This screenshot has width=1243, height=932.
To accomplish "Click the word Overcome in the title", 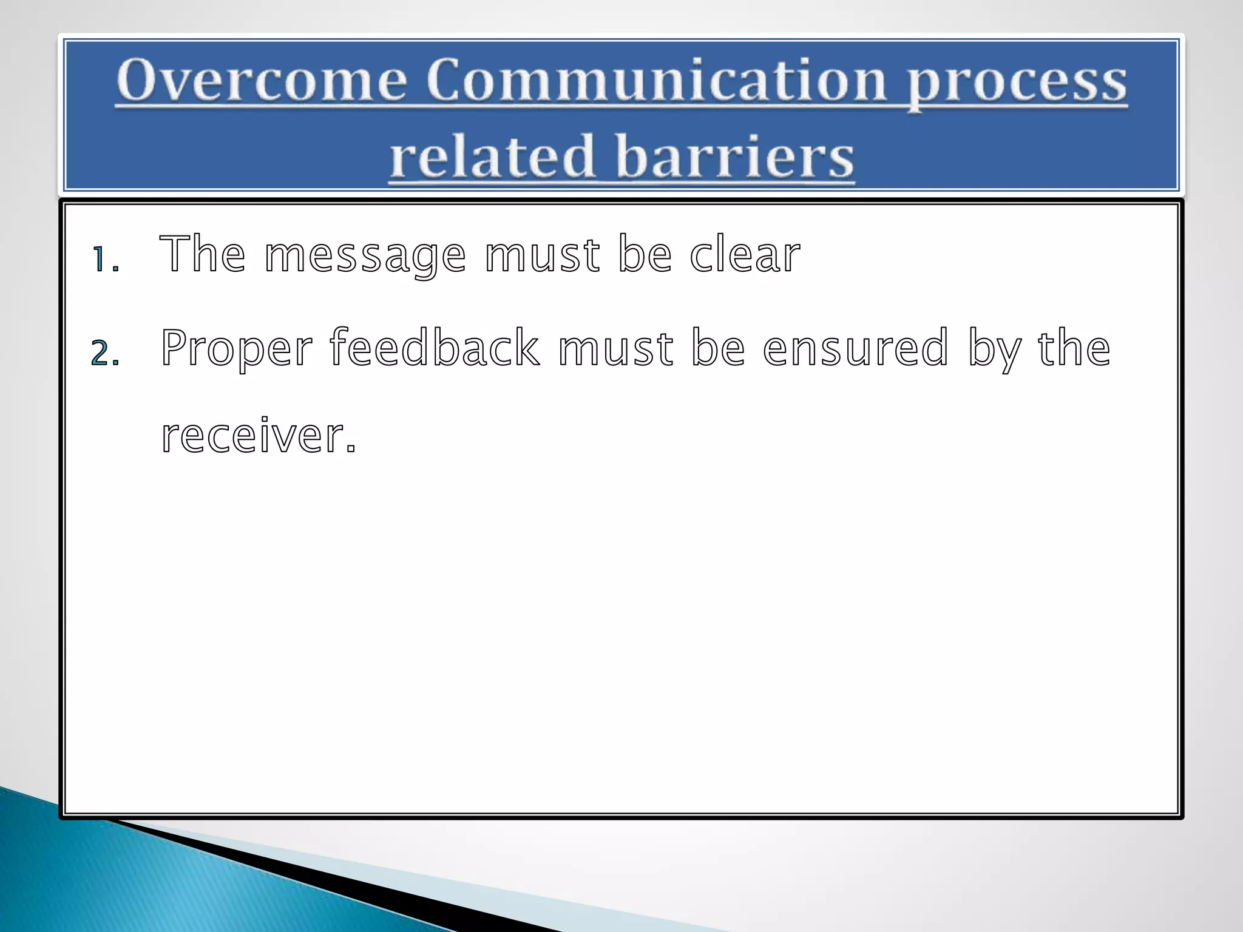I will [x=262, y=81].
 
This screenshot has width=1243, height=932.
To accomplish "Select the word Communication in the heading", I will [x=655, y=81].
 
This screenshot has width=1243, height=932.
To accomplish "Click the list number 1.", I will [x=105, y=259].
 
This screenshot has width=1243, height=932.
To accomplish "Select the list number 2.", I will [x=105, y=353].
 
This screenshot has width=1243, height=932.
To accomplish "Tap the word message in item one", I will [x=365, y=256].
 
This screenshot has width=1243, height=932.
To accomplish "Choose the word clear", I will [x=745, y=255].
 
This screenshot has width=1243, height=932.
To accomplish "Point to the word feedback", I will [x=435, y=347].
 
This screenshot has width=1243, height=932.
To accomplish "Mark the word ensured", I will [x=855, y=348].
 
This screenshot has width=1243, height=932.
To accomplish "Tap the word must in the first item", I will [x=542, y=255].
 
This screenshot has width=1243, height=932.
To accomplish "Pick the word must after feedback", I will [x=615, y=348].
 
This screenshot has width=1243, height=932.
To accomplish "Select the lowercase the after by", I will [x=1074, y=348].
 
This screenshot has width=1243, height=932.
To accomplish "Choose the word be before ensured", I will [x=718, y=348].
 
